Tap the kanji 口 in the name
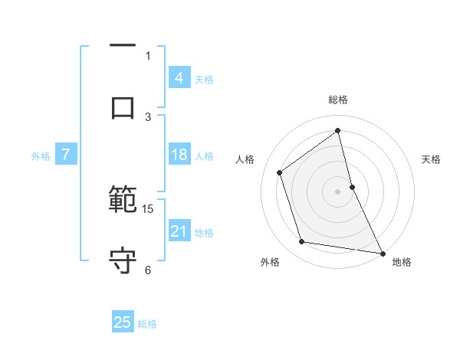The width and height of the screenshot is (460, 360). tap(123, 107)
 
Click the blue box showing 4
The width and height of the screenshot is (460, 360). tap(179, 78)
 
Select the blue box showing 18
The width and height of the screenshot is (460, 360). tap(179, 155)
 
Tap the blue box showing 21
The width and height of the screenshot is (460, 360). tap(179, 231)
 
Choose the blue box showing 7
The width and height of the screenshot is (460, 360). tap(66, 155)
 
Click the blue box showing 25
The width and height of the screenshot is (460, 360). tap(123, 322)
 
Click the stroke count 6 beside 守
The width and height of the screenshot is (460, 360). tap(148, 269)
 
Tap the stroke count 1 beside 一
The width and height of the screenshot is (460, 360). tap(148, 55)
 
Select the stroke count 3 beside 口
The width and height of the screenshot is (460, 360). tap(148, 116)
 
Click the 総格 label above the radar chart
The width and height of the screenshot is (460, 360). tap(338, 100)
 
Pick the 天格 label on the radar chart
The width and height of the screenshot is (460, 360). tap(432, 159)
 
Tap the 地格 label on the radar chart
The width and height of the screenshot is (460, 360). tap(402, 263)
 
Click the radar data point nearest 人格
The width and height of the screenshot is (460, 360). tap(280, 172)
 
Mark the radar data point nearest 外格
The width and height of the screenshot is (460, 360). tap(302, 242)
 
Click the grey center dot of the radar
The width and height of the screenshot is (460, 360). tap(338, 191)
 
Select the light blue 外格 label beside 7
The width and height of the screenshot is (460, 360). tap(41, 156)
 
